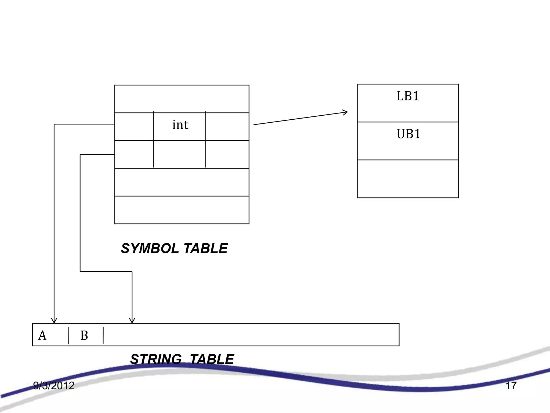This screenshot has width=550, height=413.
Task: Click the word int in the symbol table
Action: click(180, 125)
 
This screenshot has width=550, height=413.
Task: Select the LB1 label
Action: click(408, 96)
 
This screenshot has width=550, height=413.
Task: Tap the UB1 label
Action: click(408, 134)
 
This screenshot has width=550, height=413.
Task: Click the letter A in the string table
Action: click(42, 336)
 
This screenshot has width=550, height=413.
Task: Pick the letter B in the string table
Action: click(84, 336)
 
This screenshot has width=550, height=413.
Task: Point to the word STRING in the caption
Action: click(156, 359)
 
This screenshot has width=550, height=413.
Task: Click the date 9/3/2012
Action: click(54, 386)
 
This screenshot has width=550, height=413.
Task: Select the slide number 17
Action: click(511, 386)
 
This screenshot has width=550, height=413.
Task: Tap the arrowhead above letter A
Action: click(54, 321)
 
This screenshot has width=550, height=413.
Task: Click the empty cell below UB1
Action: click(408, 179)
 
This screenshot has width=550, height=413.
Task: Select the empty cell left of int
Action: click(134, 127)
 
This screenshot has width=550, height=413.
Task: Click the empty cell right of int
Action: click(227, 127)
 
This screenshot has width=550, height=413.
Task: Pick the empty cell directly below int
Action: click(180, 154)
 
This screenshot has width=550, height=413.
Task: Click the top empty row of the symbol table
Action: click(182, 99)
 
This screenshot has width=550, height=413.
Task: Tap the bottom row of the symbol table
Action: click(182, 210)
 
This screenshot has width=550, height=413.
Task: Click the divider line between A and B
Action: click(69, 336)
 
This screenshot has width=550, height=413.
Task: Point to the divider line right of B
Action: click(103, 336)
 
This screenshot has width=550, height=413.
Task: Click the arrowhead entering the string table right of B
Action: click(132, 321)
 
